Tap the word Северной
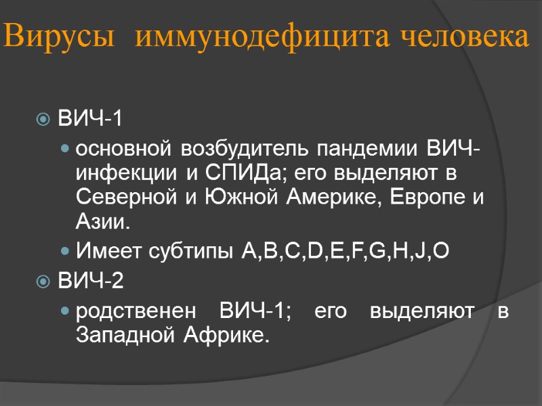click(x=125, y=197)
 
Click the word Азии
click(x=101, y=221)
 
